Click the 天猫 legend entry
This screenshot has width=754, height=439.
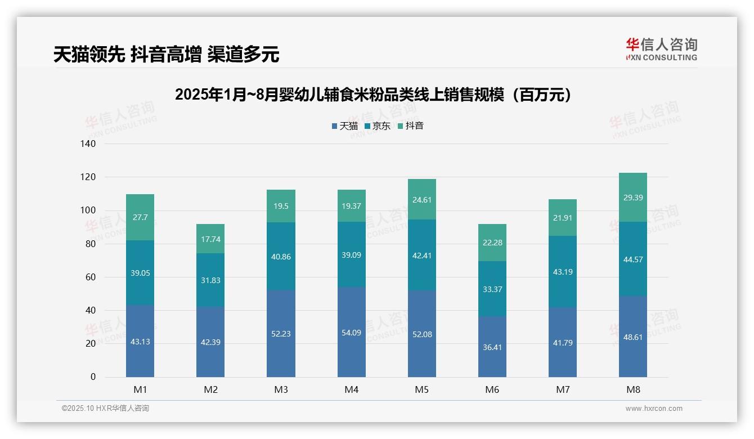(x=345, y=126)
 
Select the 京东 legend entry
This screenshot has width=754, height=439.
(x=378, y=126)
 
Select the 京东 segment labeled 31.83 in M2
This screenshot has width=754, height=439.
(x=210, y=280)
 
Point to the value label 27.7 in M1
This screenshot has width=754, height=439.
(x=140, y=217)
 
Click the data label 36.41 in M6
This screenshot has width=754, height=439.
(x=492, y=347)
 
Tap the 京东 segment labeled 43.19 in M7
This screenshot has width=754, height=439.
(x=563, y=272)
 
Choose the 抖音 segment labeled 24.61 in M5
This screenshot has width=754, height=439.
(x=421, y=200)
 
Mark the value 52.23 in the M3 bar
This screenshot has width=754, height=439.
(x=281, y=334)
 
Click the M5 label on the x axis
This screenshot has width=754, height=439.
(x=421, y=389)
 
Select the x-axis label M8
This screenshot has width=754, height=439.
(x=632, y=389)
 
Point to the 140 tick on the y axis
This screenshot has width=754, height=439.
(x=88, y=144)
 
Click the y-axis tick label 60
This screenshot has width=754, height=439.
(x=91, y=277)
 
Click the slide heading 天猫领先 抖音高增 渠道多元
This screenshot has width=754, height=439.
(x=167, y=55)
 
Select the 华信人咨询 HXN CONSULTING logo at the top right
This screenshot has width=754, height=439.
(x=661, y=50)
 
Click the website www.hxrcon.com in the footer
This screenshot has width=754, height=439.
(x=654, y=409)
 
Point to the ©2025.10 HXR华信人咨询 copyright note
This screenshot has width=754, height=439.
(x=105, y=409)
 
